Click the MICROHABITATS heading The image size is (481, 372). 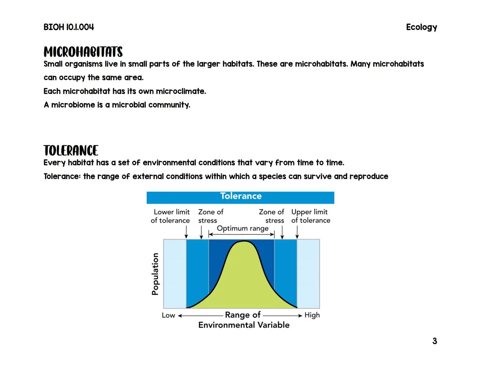83,52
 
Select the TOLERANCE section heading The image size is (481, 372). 71,151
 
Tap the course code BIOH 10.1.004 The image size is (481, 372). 69,27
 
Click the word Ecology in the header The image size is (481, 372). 421,27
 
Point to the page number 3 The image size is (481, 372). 435,341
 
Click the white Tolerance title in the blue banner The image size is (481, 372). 241,196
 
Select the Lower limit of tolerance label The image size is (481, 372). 170,216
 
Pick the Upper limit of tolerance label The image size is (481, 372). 311,216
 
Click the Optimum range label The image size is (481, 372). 242,228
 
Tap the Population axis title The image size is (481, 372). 155,274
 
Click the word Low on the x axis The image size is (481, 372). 168,315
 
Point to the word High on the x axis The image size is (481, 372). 312,315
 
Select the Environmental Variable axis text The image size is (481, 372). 244,325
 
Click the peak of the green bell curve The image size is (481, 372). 244,242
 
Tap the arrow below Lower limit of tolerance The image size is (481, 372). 186,234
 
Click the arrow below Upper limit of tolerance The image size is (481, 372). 297,234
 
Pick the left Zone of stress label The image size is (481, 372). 210,216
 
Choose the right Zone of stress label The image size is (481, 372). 272,216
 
